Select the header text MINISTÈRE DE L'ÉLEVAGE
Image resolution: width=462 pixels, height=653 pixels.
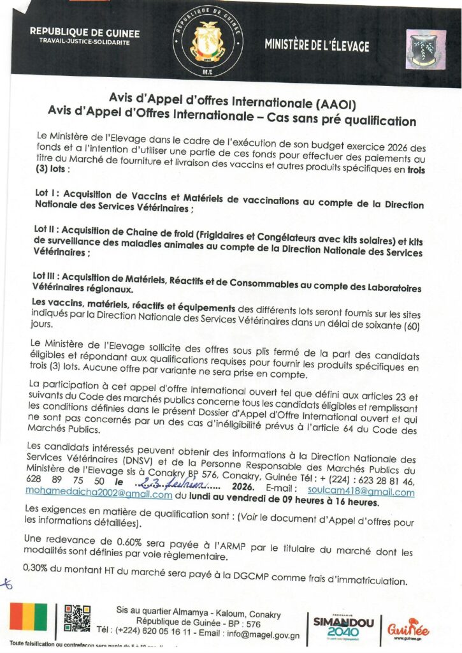coord(316,45)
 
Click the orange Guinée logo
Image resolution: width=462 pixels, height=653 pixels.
coord(408,628)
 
